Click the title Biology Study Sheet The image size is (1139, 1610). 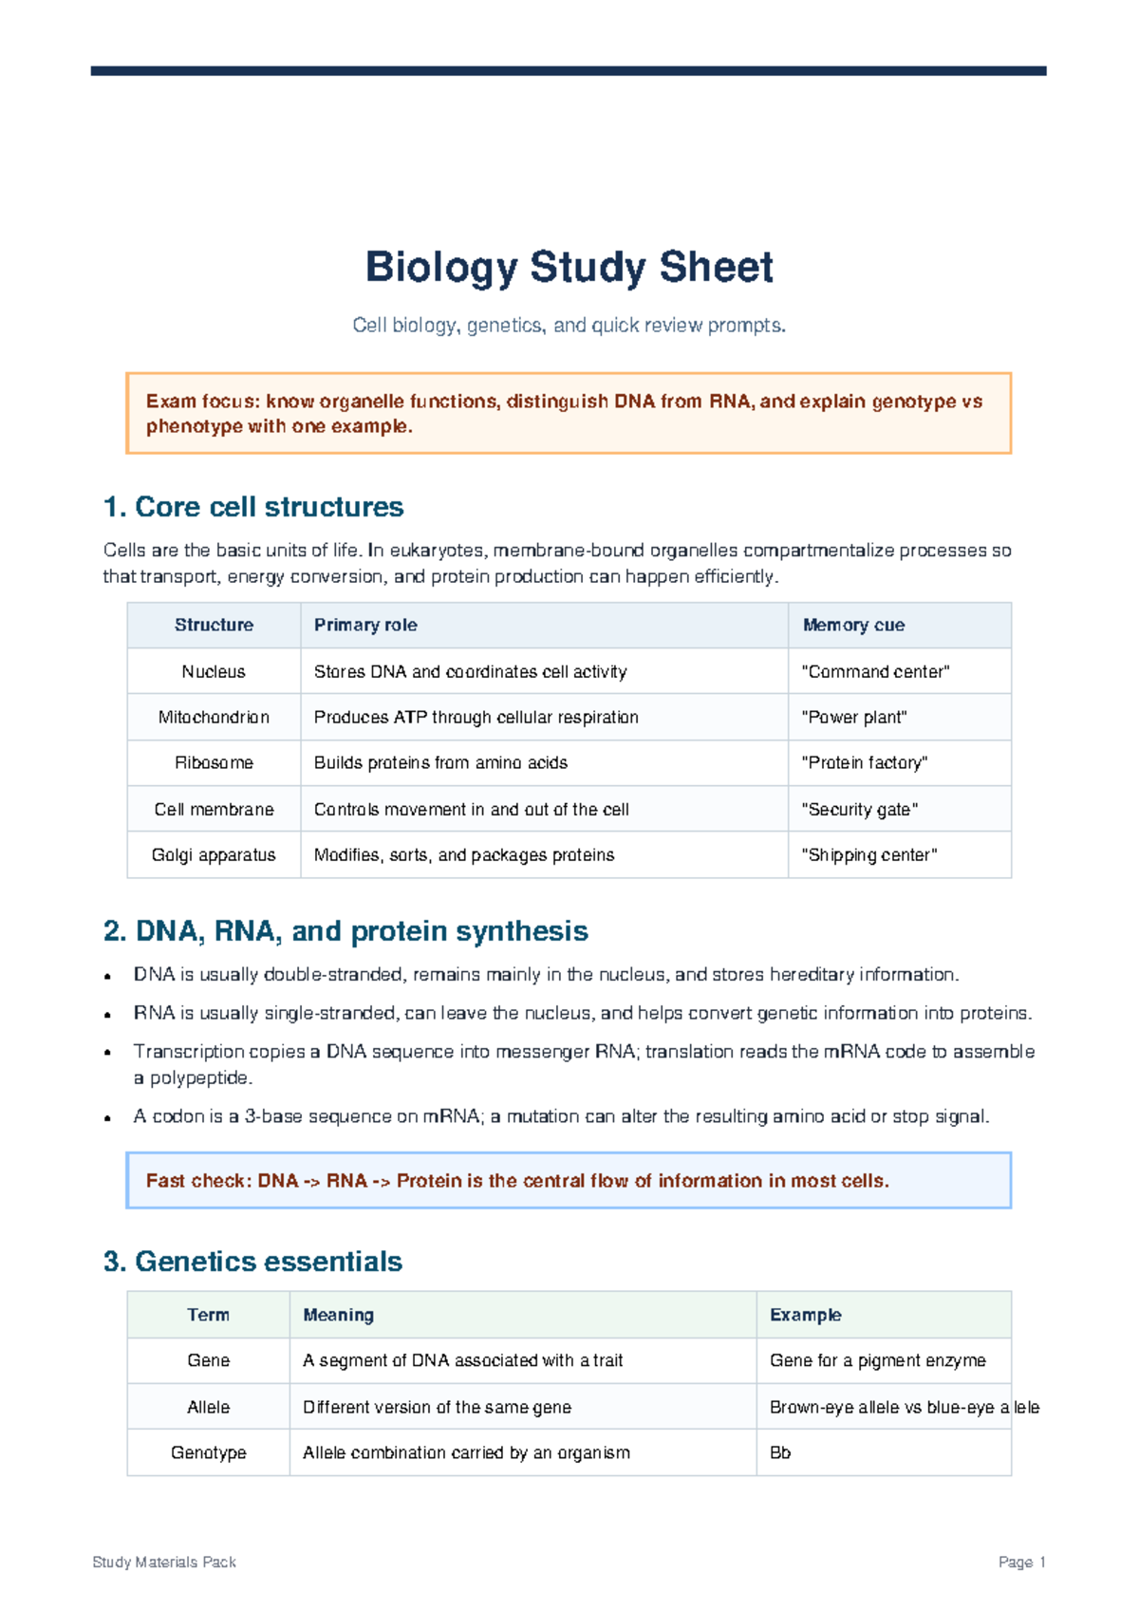569,267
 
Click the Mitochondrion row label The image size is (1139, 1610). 214,718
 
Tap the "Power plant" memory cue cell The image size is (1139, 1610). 854,718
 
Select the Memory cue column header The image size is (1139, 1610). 853,626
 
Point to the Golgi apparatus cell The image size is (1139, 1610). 214,855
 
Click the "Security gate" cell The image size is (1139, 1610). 860,810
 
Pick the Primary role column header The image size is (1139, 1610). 365,626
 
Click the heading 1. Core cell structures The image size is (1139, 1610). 253,507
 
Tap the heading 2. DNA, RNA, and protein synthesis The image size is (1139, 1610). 345,931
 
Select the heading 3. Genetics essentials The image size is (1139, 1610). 252,1262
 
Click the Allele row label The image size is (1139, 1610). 208,1408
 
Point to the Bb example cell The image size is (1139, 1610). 780,1453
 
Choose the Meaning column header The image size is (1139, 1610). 338,1316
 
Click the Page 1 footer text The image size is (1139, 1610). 1021,1563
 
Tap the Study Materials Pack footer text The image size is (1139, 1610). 164,1563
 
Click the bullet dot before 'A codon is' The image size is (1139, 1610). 109,1118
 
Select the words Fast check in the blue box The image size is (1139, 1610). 198,1181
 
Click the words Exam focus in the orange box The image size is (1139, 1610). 201,402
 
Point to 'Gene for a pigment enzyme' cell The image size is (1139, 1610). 877,1361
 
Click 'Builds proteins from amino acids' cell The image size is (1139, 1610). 440,763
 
